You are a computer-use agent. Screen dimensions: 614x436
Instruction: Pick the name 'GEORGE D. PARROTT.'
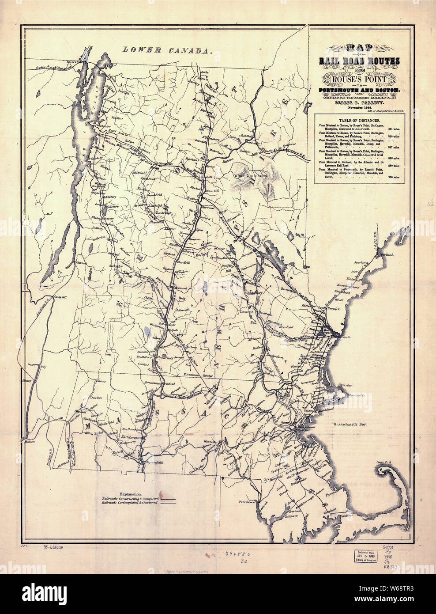(360, 102)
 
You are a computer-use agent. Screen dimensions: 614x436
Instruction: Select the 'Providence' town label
(248, 502)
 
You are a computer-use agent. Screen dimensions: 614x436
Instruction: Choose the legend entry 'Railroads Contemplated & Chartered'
(130, 503)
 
